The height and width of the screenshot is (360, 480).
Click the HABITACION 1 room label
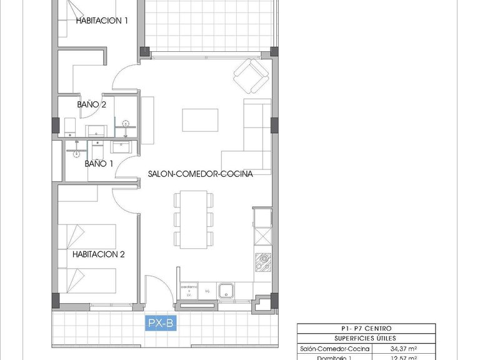tap(102, 20)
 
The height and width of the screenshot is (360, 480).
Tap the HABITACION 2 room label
tap(99, 254)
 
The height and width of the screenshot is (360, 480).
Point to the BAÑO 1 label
tap(99, 164)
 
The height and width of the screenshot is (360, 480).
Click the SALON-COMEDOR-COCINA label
tap(200, 174)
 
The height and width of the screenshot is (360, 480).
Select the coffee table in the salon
tap(200, 119)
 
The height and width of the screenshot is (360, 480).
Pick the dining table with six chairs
tap(193, 219)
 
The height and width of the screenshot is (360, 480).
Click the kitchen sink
tap(226, 291)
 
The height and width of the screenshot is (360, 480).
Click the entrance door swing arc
tap(157, 289)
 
